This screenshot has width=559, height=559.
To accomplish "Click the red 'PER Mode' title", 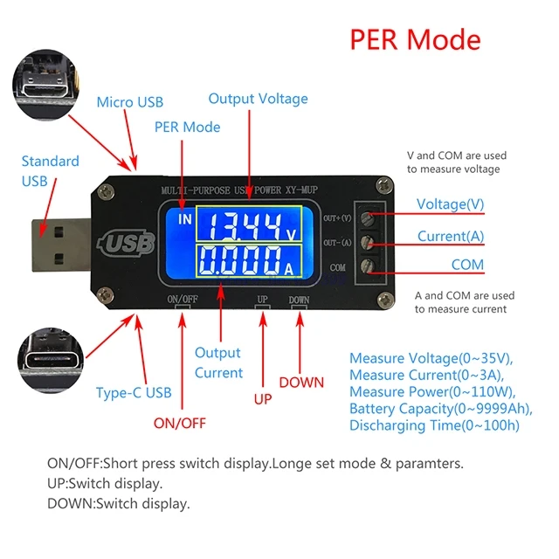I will pyautogui.click(x=415, y=40).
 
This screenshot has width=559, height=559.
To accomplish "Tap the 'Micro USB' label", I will pyautogui.click(x=129, y=102).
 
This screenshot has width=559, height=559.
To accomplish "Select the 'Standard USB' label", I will pyautogui.click(x=50, y=170).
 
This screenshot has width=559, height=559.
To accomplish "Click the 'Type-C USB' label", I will pyautogui.click(x=133, y=393).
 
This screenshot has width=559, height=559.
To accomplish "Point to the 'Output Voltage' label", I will pyautogui.click(x=258, y=99).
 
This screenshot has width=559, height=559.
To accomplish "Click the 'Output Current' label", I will pyautogui.click(x=217, y=362).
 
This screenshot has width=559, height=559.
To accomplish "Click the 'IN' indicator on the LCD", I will pyautogui.click(x=183, y=219).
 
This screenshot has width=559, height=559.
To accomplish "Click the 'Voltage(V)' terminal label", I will pyautogui.click(x=450, y=204).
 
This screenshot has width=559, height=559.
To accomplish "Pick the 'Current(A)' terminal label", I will pyautogui.click(x=451, y=236).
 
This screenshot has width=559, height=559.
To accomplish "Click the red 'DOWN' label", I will pyautogui.click(x=301, y=383).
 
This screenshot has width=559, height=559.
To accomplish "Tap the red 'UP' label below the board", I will pyautogui.click(x=263, y=399).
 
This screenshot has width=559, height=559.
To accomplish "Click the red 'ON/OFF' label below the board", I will pyautogui.click(x=179, y=423).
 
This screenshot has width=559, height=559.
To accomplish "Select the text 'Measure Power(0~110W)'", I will pyautogui.click(x=425, y=391).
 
